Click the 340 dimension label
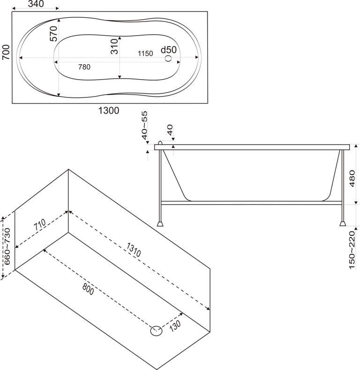[36, 4]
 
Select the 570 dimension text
[53, 34]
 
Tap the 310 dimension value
[114, 47]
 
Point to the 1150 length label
[145, 53]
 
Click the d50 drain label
[168, 50]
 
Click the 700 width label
[6, 52]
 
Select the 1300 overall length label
[108, 111]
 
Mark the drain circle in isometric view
[156, 331]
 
